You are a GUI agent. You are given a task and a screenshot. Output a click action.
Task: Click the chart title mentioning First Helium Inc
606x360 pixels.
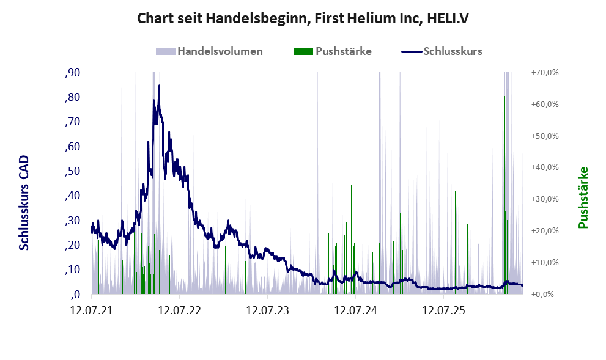coord(303,18)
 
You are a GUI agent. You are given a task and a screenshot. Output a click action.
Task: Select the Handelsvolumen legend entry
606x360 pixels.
coord(209,51)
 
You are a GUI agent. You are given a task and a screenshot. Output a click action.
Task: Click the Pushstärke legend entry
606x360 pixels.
coord(333,51)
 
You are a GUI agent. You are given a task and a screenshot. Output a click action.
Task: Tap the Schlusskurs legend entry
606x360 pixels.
coord(442,51)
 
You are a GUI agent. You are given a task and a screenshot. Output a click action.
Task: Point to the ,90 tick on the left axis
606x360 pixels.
coord(73,73)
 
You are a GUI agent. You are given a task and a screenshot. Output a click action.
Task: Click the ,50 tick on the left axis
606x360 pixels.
coord(73,171)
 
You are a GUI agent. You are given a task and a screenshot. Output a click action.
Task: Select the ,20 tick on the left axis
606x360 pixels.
coord(73,245)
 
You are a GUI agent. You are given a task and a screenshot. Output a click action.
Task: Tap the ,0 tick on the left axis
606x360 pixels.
coord(76,295)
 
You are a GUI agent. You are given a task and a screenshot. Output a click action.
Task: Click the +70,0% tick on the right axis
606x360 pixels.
coord(545,73)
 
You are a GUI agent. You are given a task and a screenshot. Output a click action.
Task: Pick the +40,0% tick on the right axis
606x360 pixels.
coord(545,167)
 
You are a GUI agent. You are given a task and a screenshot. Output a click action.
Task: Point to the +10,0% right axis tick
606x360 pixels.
coord(545,262)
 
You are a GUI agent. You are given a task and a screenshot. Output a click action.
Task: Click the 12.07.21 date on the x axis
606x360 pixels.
coord(92,310)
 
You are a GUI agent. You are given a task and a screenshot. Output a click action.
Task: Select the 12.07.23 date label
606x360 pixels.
coord(267,310)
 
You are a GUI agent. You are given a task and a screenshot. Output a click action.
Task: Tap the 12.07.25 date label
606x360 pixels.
coord(443,310)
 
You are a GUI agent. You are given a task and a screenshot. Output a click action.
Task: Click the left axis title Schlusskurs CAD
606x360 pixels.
coord(24,202)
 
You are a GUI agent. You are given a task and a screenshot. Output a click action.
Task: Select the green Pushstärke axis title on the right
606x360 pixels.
coord(583,197)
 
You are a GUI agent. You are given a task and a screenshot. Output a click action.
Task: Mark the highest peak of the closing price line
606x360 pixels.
coord(159,86)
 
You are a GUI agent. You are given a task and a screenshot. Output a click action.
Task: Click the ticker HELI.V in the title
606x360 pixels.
coord(448,18)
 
